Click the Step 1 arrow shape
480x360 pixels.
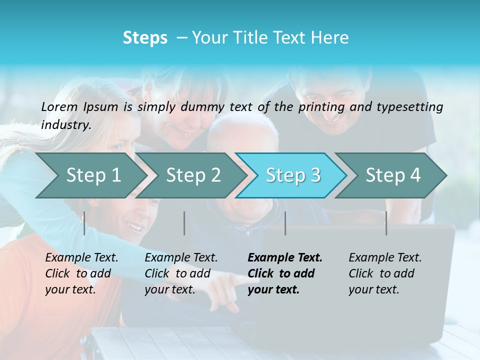pos(93,175)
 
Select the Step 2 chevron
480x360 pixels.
pos(193,175)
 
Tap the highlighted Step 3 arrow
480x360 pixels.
pos(293,175)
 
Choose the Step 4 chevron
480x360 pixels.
pos(393,175)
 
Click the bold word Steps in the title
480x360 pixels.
pos(145,38)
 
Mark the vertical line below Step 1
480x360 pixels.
pos(84,223)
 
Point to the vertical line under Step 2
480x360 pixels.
pos(184,223)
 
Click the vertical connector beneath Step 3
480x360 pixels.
pos(285,223)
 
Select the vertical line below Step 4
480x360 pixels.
pos(386,223)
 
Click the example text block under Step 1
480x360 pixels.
pos(81,273)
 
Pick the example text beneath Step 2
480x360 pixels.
pos(181,273)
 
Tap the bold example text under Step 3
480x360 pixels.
pos(285,273)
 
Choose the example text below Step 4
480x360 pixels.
pos(385,273)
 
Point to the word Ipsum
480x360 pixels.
pos(100,107)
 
